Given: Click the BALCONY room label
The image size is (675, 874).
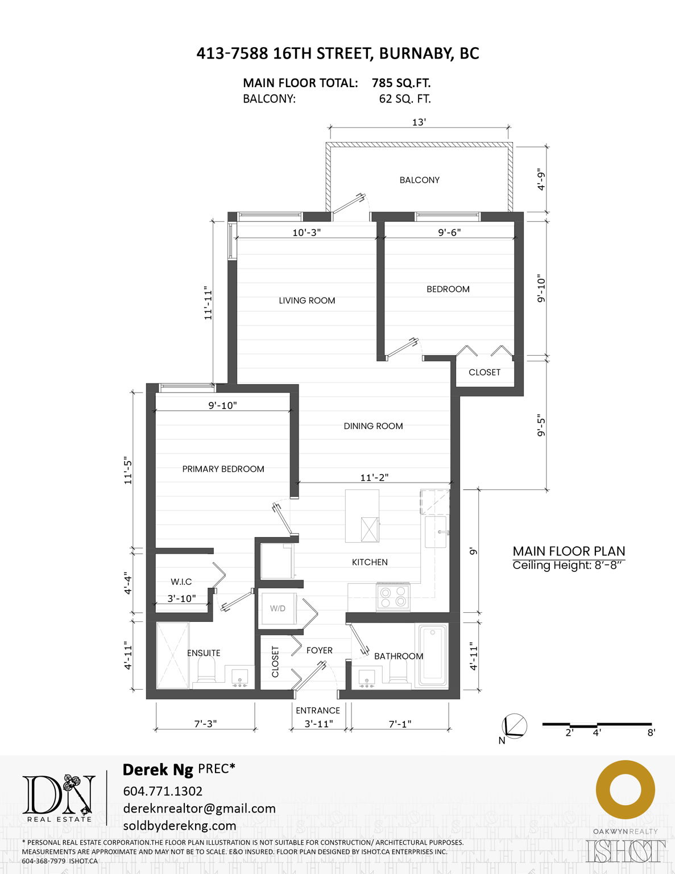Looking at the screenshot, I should click(x=419, y=180).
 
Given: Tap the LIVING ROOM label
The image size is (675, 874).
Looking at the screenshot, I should click(x=307, y=300).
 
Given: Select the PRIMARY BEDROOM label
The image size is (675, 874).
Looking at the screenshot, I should click(x=223, y=469).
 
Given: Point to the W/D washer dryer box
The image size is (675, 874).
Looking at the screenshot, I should click(x=278, y=608).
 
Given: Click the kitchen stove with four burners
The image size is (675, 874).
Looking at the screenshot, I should click(x=393, y=597).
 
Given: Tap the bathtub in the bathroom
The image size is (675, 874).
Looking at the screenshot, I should click(x=433, y=655).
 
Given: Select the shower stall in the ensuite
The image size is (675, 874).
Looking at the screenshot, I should click(x=172, y=655).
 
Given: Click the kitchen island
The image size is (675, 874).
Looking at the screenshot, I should click(x=362, y=516).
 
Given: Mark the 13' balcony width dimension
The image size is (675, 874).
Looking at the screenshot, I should click(x=419, y=122).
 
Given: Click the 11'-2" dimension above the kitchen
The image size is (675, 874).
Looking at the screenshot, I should click(x=374, y=477).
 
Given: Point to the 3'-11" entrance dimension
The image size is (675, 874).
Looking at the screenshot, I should click(x=318, y=724).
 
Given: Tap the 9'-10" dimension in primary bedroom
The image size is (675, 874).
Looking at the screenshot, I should click(x=222, y=405).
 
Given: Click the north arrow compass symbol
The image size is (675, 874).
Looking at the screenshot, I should click(x=515, y=727).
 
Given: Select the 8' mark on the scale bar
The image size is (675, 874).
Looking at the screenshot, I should click(x=651, y=732).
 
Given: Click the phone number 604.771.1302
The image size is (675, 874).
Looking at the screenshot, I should click(x=163, y=791).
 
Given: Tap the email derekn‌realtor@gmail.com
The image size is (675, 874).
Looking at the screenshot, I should click(x=199, y=809).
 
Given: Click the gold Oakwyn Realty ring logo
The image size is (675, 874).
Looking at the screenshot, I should click(x=625, y=790).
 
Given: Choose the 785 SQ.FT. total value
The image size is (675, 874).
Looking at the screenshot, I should click(x=401, y=83).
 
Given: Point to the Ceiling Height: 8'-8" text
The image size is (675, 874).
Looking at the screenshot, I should click(x=568, y=566).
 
